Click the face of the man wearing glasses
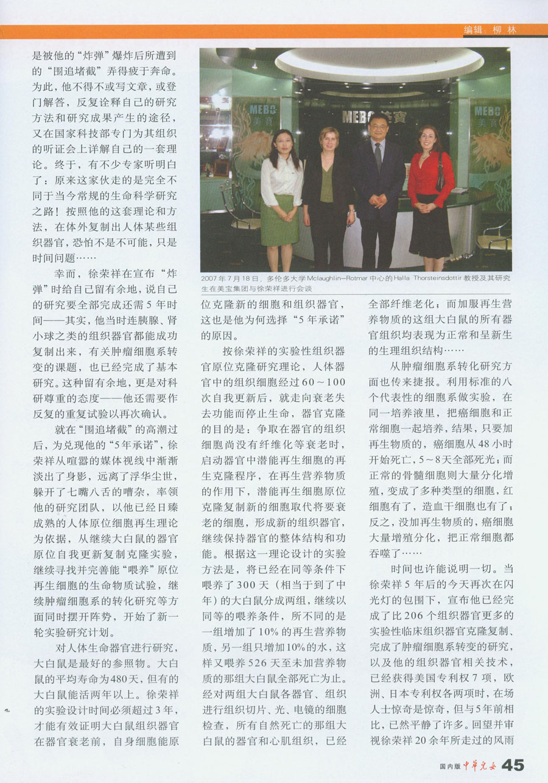378,127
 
